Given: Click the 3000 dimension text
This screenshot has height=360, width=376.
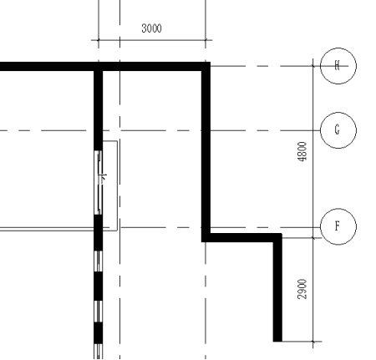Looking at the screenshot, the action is tap(151, 28).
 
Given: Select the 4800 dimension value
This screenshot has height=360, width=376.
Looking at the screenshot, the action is tap(302, 151).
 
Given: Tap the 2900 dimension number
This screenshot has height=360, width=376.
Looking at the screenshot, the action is tap(302, 289).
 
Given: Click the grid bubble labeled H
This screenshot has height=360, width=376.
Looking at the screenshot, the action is tap(338, 66).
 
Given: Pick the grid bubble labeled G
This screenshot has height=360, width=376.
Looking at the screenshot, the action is tap(338, 130).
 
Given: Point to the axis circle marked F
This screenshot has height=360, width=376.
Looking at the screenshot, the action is tap(338, 226).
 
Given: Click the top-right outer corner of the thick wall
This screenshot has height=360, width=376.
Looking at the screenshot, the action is tap(210, 63).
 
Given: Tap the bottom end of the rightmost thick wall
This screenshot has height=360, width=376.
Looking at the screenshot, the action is tap(277, 342).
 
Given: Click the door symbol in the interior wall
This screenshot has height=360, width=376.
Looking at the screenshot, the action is tap(99, 183).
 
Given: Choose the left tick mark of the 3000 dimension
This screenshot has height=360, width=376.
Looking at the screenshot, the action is tap(99, 40).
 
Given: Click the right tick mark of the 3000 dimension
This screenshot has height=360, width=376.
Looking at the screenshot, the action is tap(206, 40).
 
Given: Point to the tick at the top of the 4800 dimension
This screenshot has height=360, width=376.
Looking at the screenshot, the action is tap(313, 66).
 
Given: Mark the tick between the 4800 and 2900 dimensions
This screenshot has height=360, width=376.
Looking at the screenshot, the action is tap(313, 238).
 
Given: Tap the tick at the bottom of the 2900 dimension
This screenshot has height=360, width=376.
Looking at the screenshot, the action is tap(313, 342).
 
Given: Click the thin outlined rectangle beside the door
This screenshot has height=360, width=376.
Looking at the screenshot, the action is tap(117, 185).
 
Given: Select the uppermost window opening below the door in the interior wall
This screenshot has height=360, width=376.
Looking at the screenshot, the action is tap(99, 261).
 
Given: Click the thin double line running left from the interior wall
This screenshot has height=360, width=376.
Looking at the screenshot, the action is tap(48, 229).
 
